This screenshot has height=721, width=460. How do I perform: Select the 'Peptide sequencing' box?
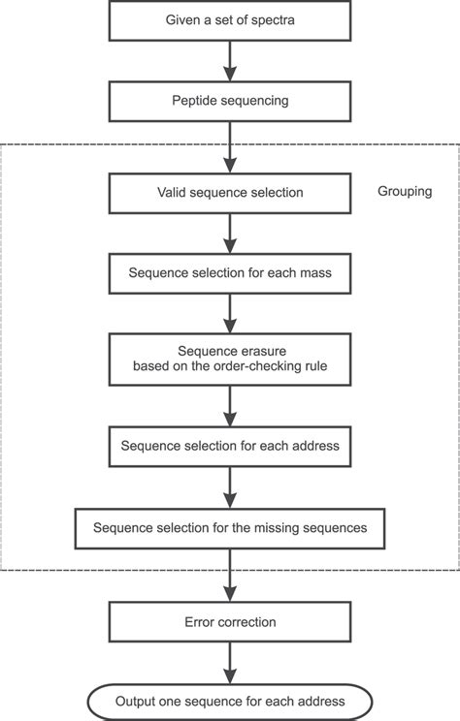(x=230, y=100)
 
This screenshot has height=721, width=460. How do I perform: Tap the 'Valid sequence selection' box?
(x=230, y=193)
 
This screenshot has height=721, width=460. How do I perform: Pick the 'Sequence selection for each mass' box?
(x=230, y=272)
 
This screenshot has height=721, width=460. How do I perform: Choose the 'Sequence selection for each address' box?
(x=230, y=447)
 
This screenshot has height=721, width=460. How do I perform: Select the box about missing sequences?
(x=230, y=528)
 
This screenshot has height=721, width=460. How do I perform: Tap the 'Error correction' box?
(x=230, y=621)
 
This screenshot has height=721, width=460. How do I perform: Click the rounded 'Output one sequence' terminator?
(x=230, y=701)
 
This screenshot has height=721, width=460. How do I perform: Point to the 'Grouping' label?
(x=404, y=191)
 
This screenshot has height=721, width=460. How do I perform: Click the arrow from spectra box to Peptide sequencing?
(x=230, y=61)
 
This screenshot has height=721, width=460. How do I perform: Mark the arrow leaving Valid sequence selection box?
(x=230, y=233)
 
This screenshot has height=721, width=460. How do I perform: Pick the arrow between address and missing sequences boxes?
(x=230, y=487)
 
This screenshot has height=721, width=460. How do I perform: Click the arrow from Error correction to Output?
(x=230, y=661)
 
